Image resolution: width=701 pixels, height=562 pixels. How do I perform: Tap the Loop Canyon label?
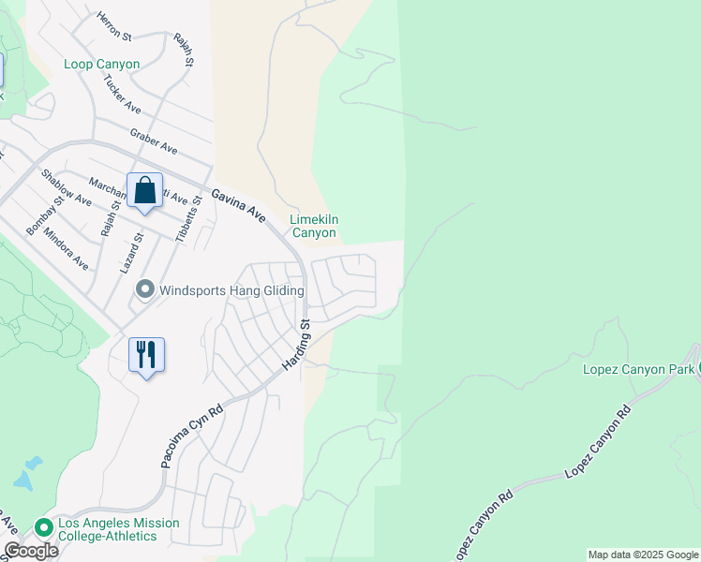tap(102, 65)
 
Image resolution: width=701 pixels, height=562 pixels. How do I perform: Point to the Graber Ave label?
tap(154, 142)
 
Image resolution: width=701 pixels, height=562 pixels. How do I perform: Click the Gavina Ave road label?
tap(238, 201)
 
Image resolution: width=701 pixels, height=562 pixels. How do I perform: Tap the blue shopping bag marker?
tap(144, 192)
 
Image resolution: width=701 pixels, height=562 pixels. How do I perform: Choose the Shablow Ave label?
tap(65, 188)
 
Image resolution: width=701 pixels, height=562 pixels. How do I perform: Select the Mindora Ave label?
tap(66, 250)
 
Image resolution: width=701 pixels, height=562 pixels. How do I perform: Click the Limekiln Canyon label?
tap(314, 226)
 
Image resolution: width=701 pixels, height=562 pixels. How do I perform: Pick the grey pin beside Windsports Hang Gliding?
tap(144, 290)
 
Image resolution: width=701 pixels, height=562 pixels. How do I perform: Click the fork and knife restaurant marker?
tap(146, 355)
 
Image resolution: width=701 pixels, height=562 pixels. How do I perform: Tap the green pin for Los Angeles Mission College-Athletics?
tap(42, 528)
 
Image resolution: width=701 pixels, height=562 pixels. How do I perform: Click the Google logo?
tap(31, 551)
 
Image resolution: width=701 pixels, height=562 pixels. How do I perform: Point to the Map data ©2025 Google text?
tap(643, 555)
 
